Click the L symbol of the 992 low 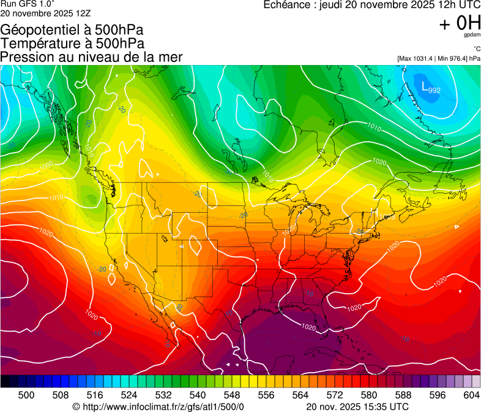click(x=425, y=87)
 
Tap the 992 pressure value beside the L click(x=434, y=91)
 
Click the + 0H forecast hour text click(x=460, y=23)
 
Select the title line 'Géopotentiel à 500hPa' click(x=72, y=30)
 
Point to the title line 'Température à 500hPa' click(x=72, y=44)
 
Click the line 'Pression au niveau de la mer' click(x=91, y=57)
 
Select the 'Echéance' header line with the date click(x=371, y=5)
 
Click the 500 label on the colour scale click(x=26, y=395)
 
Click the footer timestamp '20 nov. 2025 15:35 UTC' click(x=357, y=406)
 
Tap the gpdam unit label click(x=472, y=36)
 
